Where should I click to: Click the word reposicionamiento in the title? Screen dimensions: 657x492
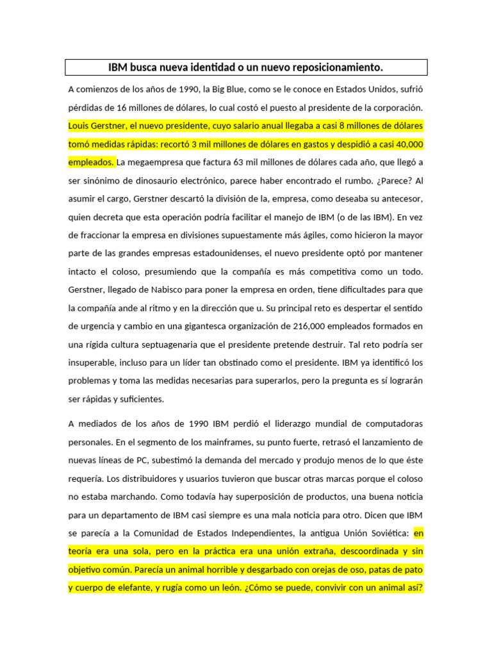tap(338, 67)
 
